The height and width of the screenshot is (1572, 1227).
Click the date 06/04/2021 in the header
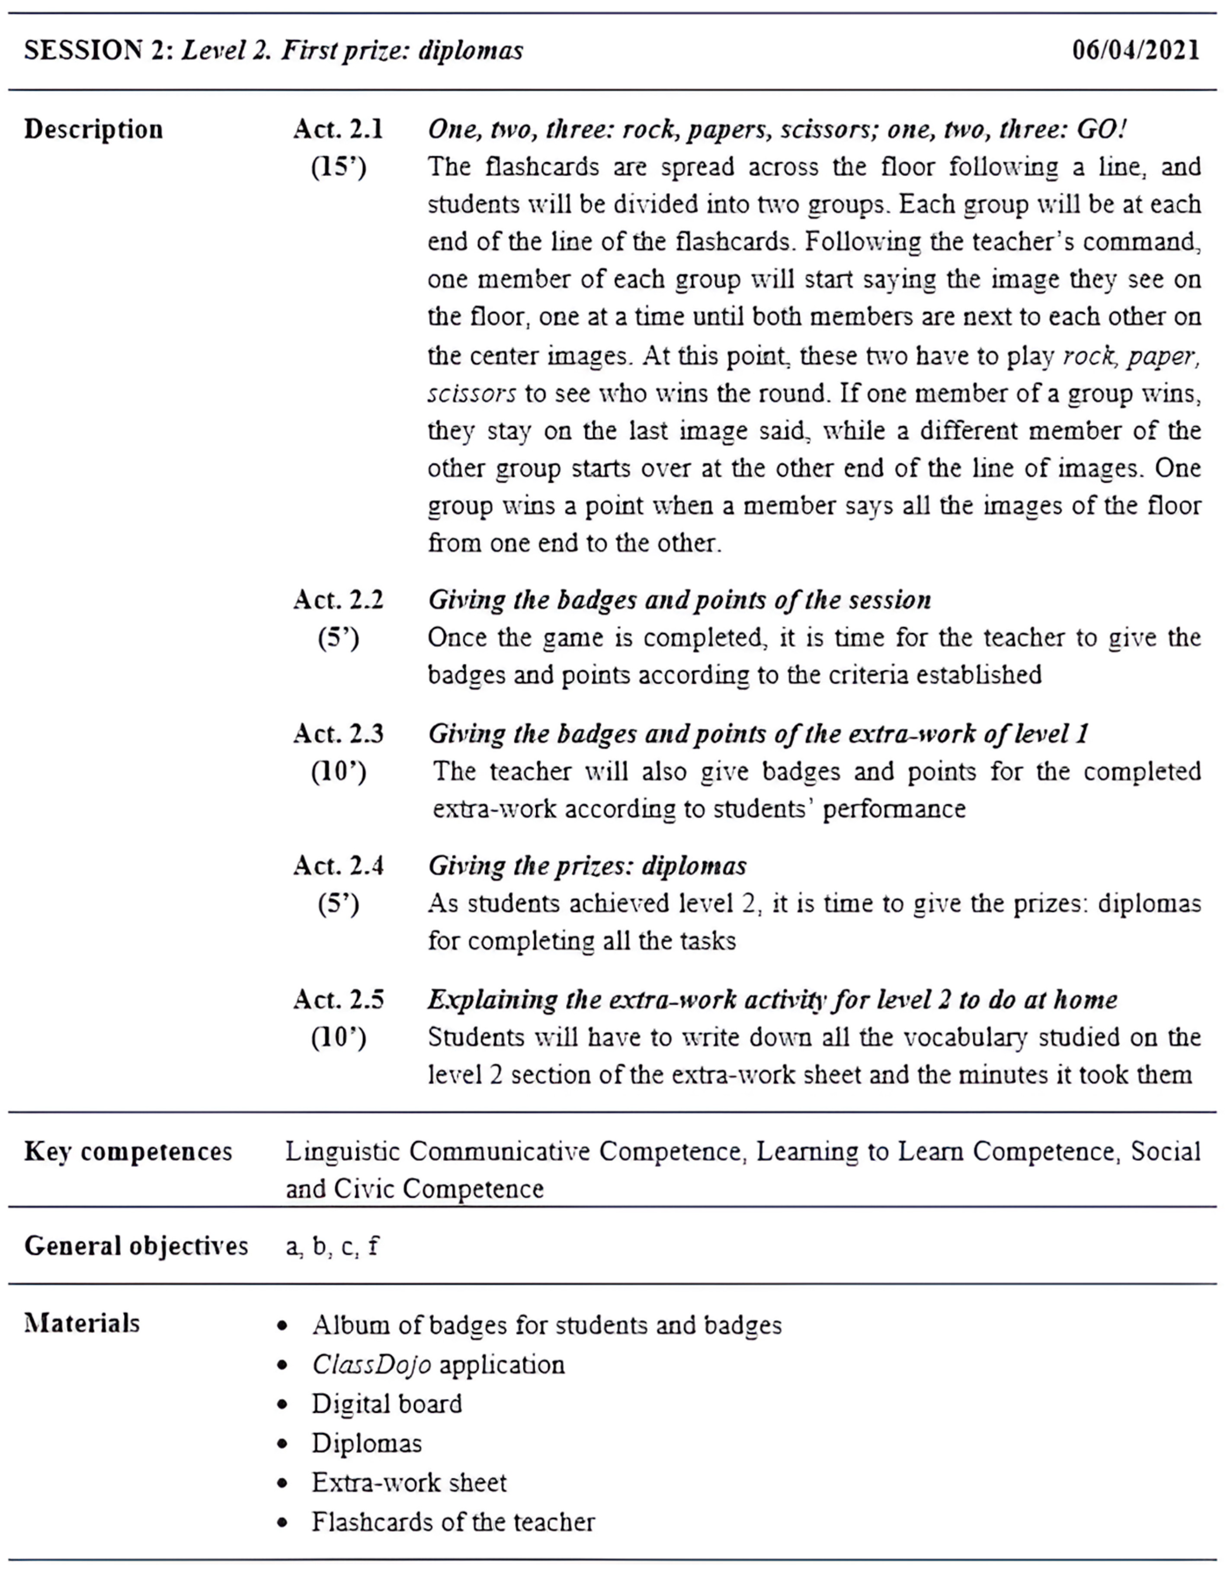coord(1136,50)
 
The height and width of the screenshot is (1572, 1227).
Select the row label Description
coord(93,129)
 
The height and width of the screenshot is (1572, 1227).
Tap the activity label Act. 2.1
coord(338,129)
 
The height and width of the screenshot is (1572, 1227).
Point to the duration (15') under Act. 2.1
coord(338,168)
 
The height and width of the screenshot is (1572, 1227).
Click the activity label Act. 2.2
coord(338,600)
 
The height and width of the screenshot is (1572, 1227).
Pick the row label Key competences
coord(128,1152)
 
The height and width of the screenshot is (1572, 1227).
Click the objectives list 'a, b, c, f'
coord(332,1246)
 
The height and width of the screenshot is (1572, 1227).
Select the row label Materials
coord(82,1323)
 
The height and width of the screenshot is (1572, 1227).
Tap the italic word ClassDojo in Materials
coord(372,1365)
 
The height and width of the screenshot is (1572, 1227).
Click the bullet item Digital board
coord(387,1404)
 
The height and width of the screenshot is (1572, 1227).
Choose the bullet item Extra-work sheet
coord(409,1483)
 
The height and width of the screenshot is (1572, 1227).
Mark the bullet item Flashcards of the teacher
coord(453,1522)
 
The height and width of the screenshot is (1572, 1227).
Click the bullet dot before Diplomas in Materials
coord(283,1444)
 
